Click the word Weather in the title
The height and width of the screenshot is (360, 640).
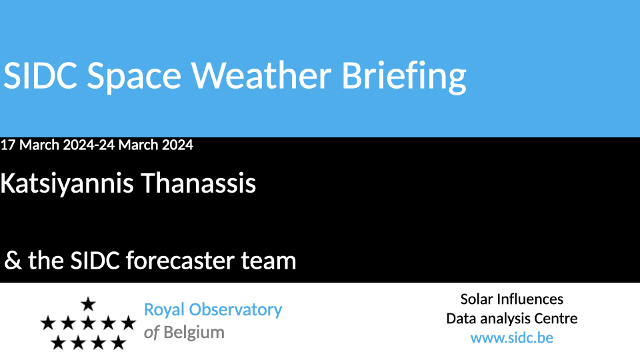(x=261, y=75)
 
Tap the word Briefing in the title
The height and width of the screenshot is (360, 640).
(x=404, y=77)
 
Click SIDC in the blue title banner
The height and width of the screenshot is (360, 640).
(x=40, y=75)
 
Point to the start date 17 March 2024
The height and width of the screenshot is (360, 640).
(x=47, y=145)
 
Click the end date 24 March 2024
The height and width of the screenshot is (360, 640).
(x=146, y=145)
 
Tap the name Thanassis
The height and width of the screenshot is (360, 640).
(x=199, y=183)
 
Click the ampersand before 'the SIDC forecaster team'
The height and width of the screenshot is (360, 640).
(x=13, y=261)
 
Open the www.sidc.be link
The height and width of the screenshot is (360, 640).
(x=512, y=338)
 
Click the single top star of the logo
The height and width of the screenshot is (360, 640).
(x=88, y=304)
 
